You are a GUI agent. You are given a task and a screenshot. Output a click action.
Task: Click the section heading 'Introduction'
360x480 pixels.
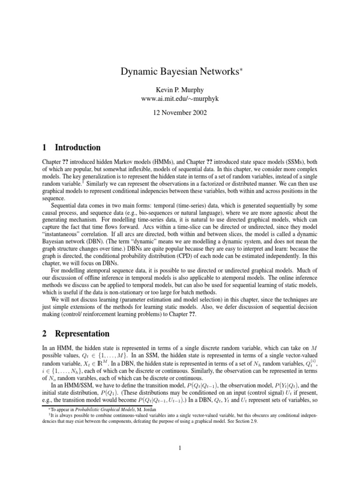(x=78, y=148)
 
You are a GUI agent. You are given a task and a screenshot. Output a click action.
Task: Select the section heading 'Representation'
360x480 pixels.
(x=82, y=334)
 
